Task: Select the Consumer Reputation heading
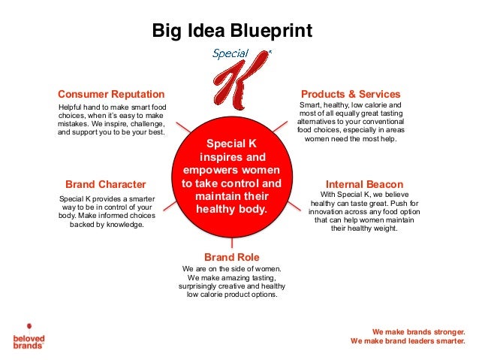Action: [110, 94]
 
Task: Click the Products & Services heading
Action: [351, 94]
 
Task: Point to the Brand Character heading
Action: [106, 183]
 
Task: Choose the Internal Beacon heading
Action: [364, 183]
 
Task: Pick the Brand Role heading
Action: [231, 257]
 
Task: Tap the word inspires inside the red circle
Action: [223, 158]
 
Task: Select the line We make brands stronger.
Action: [418, 331]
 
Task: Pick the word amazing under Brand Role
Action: [221, 277]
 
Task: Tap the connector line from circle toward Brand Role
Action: [231, 241]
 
